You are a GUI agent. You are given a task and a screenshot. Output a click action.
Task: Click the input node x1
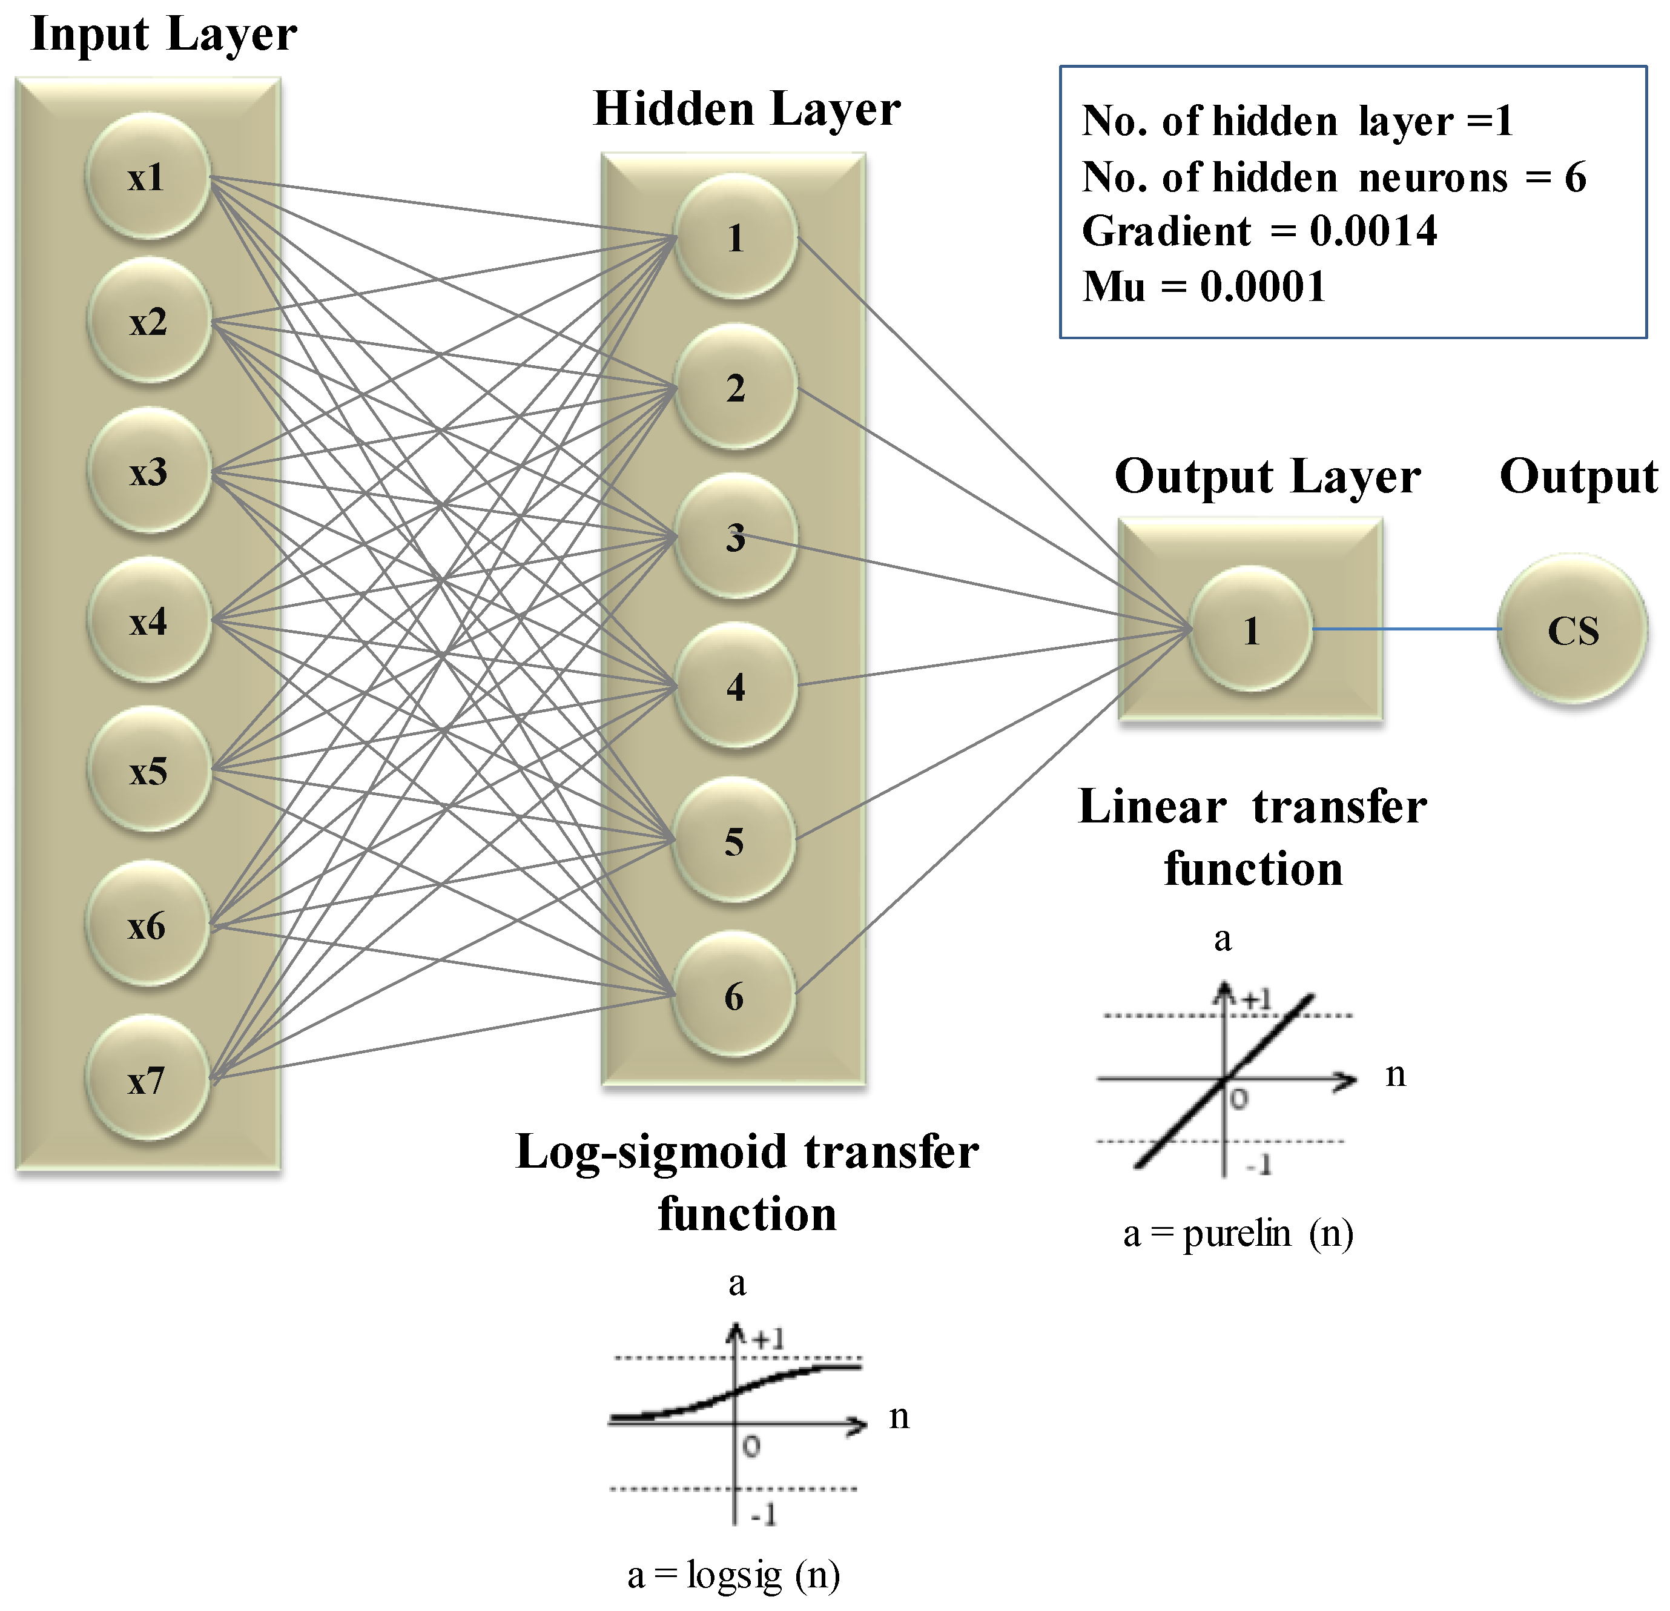[147, 176]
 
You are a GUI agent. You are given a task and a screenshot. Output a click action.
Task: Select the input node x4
[148, 621]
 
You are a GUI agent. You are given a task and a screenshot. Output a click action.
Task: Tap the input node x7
[147, 1079]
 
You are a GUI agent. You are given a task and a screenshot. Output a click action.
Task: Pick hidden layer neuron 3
[735, 536]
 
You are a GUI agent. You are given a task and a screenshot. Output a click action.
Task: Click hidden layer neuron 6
[734, 994]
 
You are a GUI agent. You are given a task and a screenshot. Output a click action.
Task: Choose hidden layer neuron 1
[735, 237]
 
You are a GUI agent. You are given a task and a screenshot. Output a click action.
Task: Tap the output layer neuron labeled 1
[1250, 630]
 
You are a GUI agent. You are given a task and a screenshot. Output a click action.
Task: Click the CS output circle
[1572, 630]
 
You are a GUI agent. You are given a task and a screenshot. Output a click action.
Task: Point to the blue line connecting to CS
[1406, 629]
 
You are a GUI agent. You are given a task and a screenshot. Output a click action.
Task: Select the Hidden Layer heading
[747, 109]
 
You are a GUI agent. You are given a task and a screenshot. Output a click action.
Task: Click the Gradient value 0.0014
[1373, 231]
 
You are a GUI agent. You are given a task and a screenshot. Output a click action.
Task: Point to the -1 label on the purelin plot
[1258, 1163]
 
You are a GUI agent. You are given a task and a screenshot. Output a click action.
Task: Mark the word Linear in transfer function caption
[1152, 806]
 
